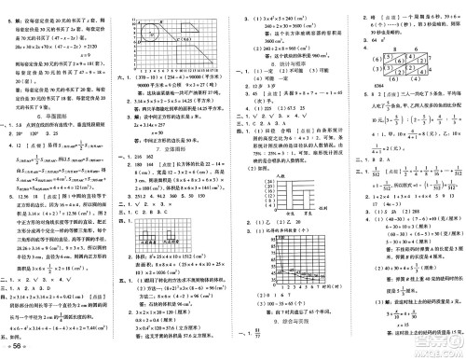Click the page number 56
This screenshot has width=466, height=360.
pyautogui.click(x=14, y=347)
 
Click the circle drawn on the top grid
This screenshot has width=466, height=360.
pyautogui.click(x=147, y=36)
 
